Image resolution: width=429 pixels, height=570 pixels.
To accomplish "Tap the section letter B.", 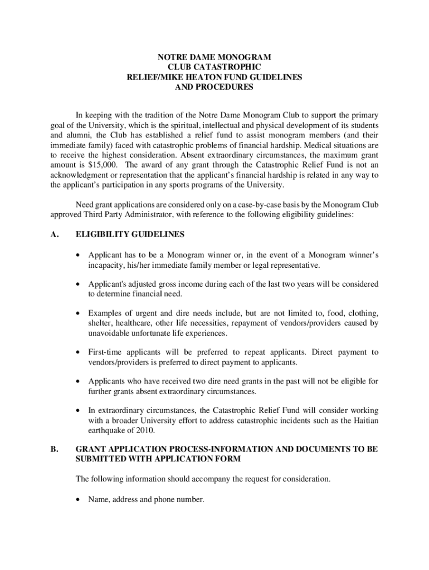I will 54,449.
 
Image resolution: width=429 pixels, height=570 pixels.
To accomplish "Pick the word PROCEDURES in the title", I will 214,87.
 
